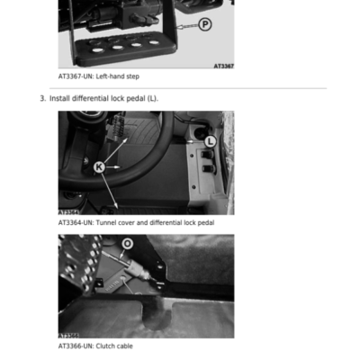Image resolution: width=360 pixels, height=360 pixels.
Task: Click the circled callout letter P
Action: tap(205, 24)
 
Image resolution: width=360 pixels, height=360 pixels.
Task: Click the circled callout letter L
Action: tap(211, 141)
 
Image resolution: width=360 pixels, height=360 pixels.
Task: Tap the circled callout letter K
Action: tap(99, 166)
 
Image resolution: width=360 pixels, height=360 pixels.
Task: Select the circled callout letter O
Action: tap(127, 244)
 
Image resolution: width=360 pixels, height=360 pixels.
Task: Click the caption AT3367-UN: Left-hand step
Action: tap(99, 76)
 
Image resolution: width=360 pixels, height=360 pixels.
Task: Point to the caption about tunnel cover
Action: tap(136, 222)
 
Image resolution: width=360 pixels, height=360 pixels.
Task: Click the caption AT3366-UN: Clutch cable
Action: tap(95, 346)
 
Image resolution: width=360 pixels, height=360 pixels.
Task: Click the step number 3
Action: tap(43, 98)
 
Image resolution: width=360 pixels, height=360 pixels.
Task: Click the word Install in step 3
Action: tap(59, 98)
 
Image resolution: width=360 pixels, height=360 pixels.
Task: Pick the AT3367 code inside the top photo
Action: tap(224, 66)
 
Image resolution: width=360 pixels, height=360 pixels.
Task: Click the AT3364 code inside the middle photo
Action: tap(68, 212)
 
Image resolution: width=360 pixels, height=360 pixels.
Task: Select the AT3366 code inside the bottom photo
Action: tap(68, 336)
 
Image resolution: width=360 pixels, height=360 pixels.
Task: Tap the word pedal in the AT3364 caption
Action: tap(206, 222)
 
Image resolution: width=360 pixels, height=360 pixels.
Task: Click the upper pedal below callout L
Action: tap(207, 155)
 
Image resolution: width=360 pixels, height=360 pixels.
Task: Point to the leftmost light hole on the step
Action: tap(96, 50)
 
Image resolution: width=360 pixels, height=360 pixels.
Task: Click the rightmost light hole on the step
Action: tap(154, 42)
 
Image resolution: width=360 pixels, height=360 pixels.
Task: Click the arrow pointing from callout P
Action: tap(187, 26)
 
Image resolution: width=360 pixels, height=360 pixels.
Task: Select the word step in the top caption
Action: tap(133, 76)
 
